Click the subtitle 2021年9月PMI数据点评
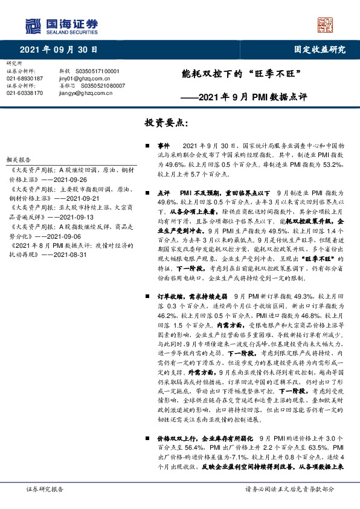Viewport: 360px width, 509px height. coord(251,95)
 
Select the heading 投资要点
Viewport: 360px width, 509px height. coord(167,123)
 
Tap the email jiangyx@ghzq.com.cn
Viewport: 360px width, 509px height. coord(79,93)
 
